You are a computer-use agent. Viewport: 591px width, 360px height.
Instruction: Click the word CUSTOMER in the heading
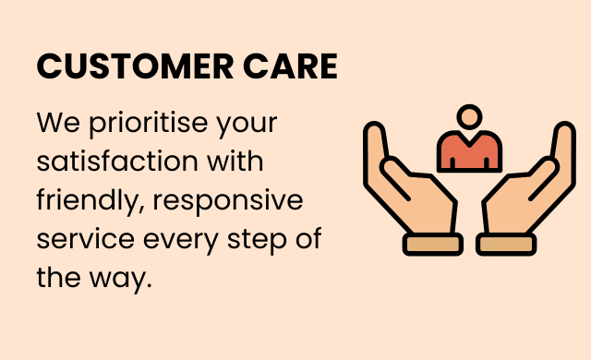[x=135, y=66]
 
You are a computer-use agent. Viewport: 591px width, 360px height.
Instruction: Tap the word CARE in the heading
[x=290, y=66]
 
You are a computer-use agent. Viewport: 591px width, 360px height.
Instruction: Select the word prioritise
[x=148, y=124]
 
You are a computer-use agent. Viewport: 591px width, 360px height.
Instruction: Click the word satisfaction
[x=117, y=162]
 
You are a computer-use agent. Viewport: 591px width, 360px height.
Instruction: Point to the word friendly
[x=90, y=200]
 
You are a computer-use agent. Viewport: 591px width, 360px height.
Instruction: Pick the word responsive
[x=228, y=201]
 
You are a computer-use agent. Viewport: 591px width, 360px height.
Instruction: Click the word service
[x=86, y=239]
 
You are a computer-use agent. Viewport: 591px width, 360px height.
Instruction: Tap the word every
[x=181, y=241]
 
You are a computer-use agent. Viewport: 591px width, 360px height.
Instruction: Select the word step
[x=257, y=240]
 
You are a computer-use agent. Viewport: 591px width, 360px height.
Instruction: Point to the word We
[x=58, y=123]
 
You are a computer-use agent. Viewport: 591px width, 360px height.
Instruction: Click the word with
[x=235, y=161]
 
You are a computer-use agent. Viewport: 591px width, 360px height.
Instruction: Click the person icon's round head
[x=469, y=116]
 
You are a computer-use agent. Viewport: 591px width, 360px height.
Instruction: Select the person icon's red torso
[x=469, y=151]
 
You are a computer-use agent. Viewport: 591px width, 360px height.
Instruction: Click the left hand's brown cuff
[x=433, y=244]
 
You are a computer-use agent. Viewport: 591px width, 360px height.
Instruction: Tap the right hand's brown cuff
[x=506, y=244]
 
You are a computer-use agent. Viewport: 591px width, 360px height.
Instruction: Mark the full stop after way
[x=149, y=285]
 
